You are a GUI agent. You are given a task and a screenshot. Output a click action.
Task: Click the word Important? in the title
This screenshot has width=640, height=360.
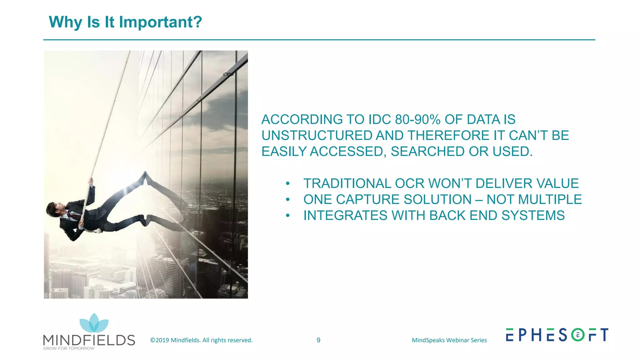tap(160, 22)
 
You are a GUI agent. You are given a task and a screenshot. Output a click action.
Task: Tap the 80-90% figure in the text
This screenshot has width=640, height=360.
tap(417, 120)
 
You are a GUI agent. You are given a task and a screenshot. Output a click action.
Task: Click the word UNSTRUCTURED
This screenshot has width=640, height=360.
tap(317, 136)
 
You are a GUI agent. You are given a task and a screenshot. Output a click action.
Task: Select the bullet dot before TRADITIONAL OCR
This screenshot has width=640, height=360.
tap(288, 183)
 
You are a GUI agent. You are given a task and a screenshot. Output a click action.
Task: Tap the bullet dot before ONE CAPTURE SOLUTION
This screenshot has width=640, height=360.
tap(288, 199)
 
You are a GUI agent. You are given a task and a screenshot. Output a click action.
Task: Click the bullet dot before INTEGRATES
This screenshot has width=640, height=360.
tap(288, 215)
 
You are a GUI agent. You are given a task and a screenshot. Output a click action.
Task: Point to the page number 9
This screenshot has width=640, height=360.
tap(318, 340)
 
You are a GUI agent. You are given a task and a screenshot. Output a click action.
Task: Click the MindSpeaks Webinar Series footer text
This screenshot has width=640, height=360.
tap(449, 340)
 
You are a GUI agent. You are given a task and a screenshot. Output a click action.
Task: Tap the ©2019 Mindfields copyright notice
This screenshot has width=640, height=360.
tap(201, 340)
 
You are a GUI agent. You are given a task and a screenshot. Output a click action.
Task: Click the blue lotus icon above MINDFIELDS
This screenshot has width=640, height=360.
tap(94, 323)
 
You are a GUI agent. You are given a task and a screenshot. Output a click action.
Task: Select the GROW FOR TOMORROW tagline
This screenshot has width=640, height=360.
tap(69, 348)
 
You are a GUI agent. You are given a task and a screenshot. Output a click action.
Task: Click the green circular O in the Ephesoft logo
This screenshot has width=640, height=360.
tap(577, 335)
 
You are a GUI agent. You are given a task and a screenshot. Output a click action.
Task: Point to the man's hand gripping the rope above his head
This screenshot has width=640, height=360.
tap(91, 181)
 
